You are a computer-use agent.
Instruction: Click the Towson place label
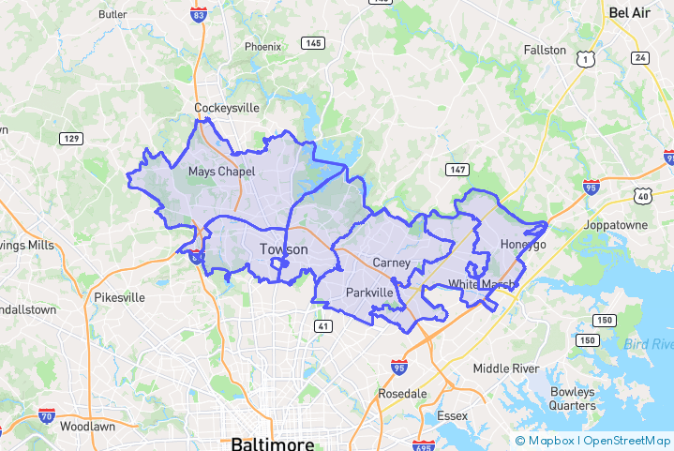pos(283,249)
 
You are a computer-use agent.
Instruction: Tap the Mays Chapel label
pos(221,172)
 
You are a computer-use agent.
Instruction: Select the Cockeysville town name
pos(226,108)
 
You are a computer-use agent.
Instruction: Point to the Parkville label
pos(369,293)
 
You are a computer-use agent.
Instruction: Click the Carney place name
pos(391,263)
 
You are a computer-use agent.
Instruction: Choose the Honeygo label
pos(522,245)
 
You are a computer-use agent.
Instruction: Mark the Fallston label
pos(545,50)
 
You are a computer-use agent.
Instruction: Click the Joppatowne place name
pos(616,226)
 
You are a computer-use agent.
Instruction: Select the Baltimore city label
pos(273,443)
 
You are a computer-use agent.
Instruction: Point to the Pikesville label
pos(119,297)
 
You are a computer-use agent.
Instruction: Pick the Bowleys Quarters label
pos(572,398)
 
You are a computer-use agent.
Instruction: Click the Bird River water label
pos(649,344)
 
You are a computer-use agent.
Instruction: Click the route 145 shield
pos(312,43)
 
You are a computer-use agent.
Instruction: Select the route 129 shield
pos(70,140)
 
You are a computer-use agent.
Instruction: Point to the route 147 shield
pos(457,170)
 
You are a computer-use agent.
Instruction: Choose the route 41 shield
pos(322,326)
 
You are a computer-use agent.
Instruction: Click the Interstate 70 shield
pos(47,414)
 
